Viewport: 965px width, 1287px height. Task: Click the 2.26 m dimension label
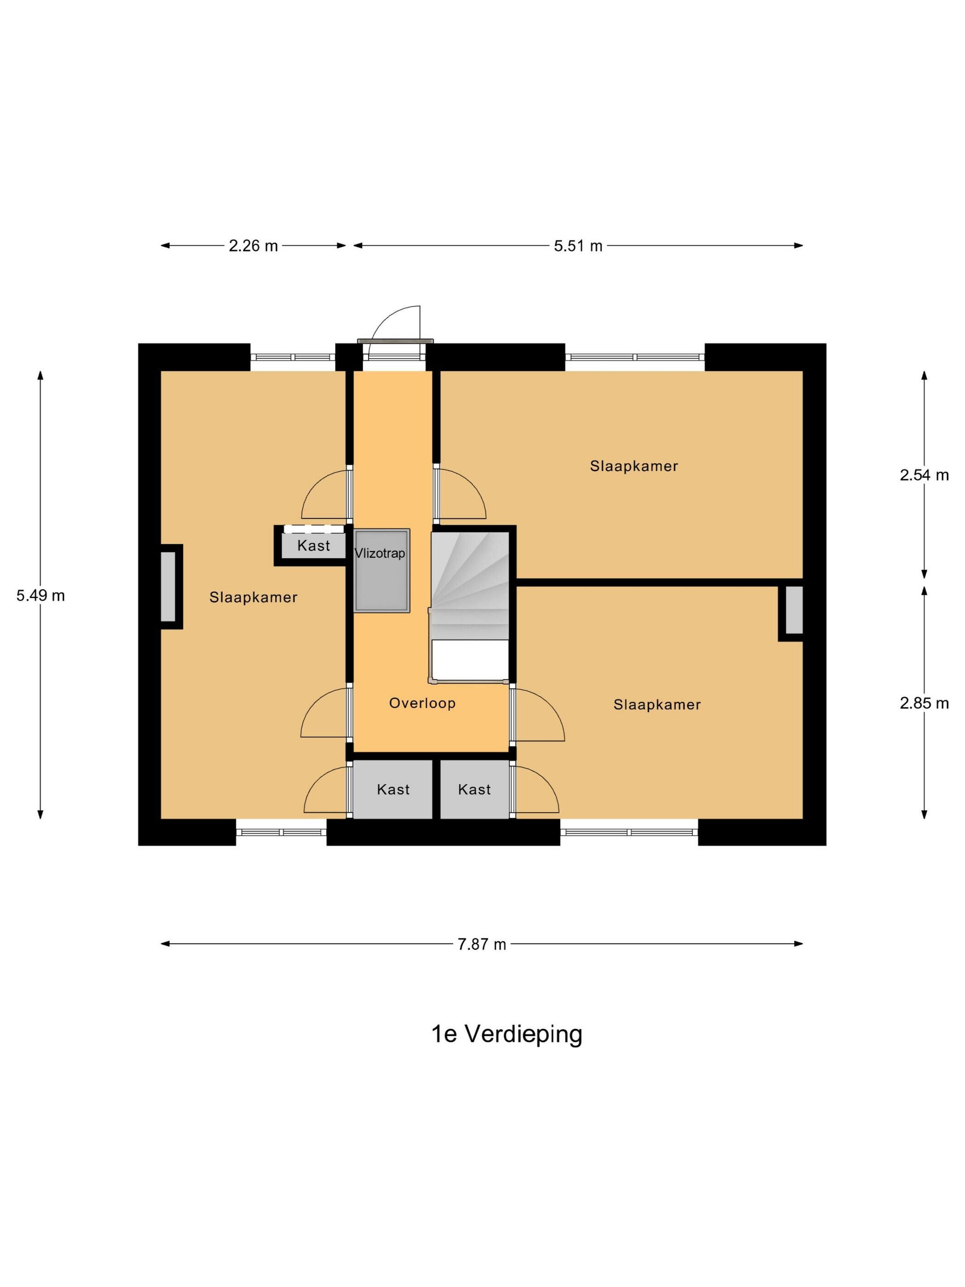tap(253, 246)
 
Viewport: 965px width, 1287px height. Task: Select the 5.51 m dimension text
tap(578, 246)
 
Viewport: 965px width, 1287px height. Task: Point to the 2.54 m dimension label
tap(924, 475)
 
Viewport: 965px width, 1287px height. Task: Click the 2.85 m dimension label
tap(924, 703)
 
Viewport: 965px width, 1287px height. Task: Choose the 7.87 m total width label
tap(482, 944)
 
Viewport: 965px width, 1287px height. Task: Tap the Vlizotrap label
tap(380, 553)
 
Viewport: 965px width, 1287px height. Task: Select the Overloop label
tap(422, 703)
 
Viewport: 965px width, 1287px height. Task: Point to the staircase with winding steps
tap(470, 605)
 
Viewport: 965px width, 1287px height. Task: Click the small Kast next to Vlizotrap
tap(313, 545)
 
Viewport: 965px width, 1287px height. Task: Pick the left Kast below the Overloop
tap(393, 790)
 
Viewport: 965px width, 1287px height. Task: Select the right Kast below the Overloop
tap(475, 790)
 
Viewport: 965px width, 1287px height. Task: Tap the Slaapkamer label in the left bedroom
tap(254, 597)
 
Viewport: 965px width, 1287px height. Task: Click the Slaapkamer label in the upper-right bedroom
tap(634, 466)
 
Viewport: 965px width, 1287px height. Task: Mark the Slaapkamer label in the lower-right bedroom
tap(657, 705)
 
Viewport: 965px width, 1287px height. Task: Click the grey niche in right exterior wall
tap(795, 610)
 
